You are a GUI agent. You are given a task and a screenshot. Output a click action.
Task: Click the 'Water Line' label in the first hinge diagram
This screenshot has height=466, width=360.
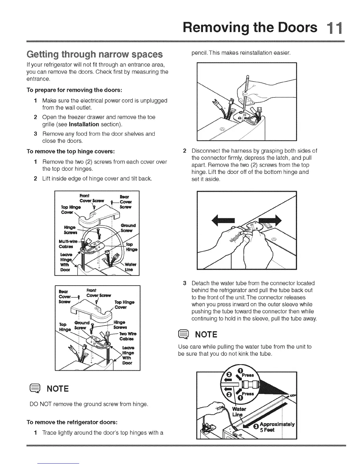pyautogui.click(x=129, y=267)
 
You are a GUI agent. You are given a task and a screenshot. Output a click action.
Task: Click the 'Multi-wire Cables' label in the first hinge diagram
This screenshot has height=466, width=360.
pyautogui.click(x=68, y=244)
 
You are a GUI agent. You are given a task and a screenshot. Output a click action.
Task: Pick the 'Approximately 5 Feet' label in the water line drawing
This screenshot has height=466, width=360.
pyautogui.click(x=277, y=427)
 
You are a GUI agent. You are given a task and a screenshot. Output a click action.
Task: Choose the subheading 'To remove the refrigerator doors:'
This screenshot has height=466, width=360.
pyautogui.click(x=72, y=422)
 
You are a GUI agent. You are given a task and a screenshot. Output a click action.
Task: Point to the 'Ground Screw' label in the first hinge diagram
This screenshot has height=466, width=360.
pyautogui.click(x=128, y=228)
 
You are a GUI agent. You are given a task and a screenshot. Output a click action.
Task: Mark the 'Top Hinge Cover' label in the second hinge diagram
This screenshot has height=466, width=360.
pyautogui.click(x=124, y=304)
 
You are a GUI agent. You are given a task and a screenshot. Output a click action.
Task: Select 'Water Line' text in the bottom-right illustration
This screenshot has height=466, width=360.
pyautogui.click(x=239, y=412)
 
